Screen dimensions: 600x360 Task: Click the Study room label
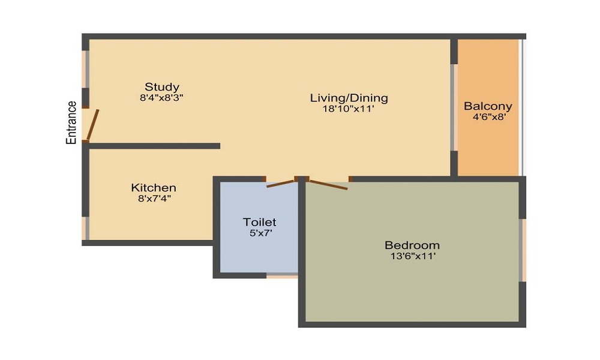pos(162,87)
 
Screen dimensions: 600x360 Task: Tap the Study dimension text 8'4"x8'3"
pos(161,98)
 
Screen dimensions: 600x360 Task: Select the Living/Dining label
pos(349,98)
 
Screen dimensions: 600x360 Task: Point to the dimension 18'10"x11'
pos(348,109)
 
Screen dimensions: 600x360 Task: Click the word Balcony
pos(488,106)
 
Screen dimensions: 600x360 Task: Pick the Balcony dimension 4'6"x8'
pos(490,117)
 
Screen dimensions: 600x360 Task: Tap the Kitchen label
pos(154,188)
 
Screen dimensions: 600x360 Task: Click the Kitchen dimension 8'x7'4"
pos(154,199)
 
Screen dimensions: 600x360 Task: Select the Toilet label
pos(259,222)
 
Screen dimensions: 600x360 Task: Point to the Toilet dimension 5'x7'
pos(260,233)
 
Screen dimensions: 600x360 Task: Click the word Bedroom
pos(412,245)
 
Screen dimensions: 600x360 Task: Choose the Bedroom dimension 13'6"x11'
pos(413,256)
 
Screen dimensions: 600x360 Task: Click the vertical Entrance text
pos(71,122)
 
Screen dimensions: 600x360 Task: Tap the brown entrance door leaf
pos(92,125)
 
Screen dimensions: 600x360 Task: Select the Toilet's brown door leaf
pos(282,183)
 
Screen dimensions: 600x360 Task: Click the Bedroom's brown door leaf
pos(329,184)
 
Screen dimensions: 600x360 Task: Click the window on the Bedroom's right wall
pos(523,250)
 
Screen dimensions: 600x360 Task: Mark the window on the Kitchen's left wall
pos(86,229)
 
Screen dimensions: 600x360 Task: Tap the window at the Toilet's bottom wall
pos(283,275)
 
